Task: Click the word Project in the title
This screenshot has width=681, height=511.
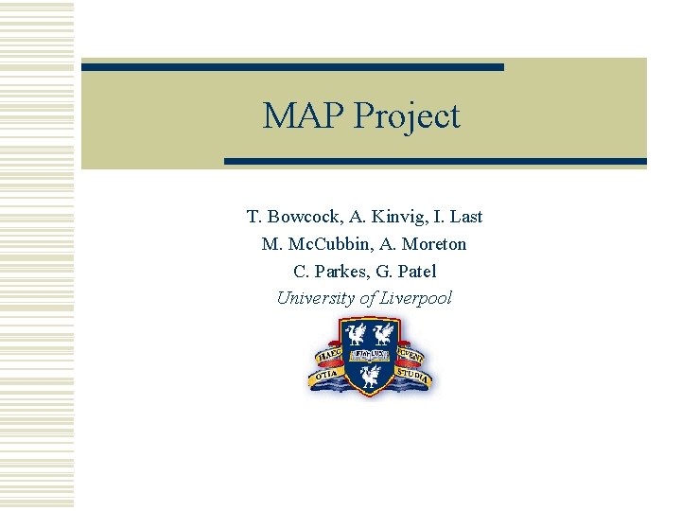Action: click(x=407, y=117)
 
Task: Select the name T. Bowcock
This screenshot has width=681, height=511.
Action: click(x=290, y=217)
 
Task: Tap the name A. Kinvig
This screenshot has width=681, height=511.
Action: click(x=382, y=217)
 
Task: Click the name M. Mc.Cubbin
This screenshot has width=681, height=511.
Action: click(x=306, y=244)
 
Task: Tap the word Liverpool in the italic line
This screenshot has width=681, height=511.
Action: click(x=416, y=298)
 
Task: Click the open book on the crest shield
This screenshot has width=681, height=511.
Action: click(x=370, y=356)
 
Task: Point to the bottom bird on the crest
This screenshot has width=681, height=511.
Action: click(x=370, y=378)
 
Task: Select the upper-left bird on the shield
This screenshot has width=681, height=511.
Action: click(x=357, y=333)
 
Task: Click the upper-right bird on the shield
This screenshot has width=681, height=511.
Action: click(x=384, y=333)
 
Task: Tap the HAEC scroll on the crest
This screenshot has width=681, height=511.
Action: click(x=328, y=359)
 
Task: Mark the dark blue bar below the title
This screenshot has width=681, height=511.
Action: click(x=435, y=162)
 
